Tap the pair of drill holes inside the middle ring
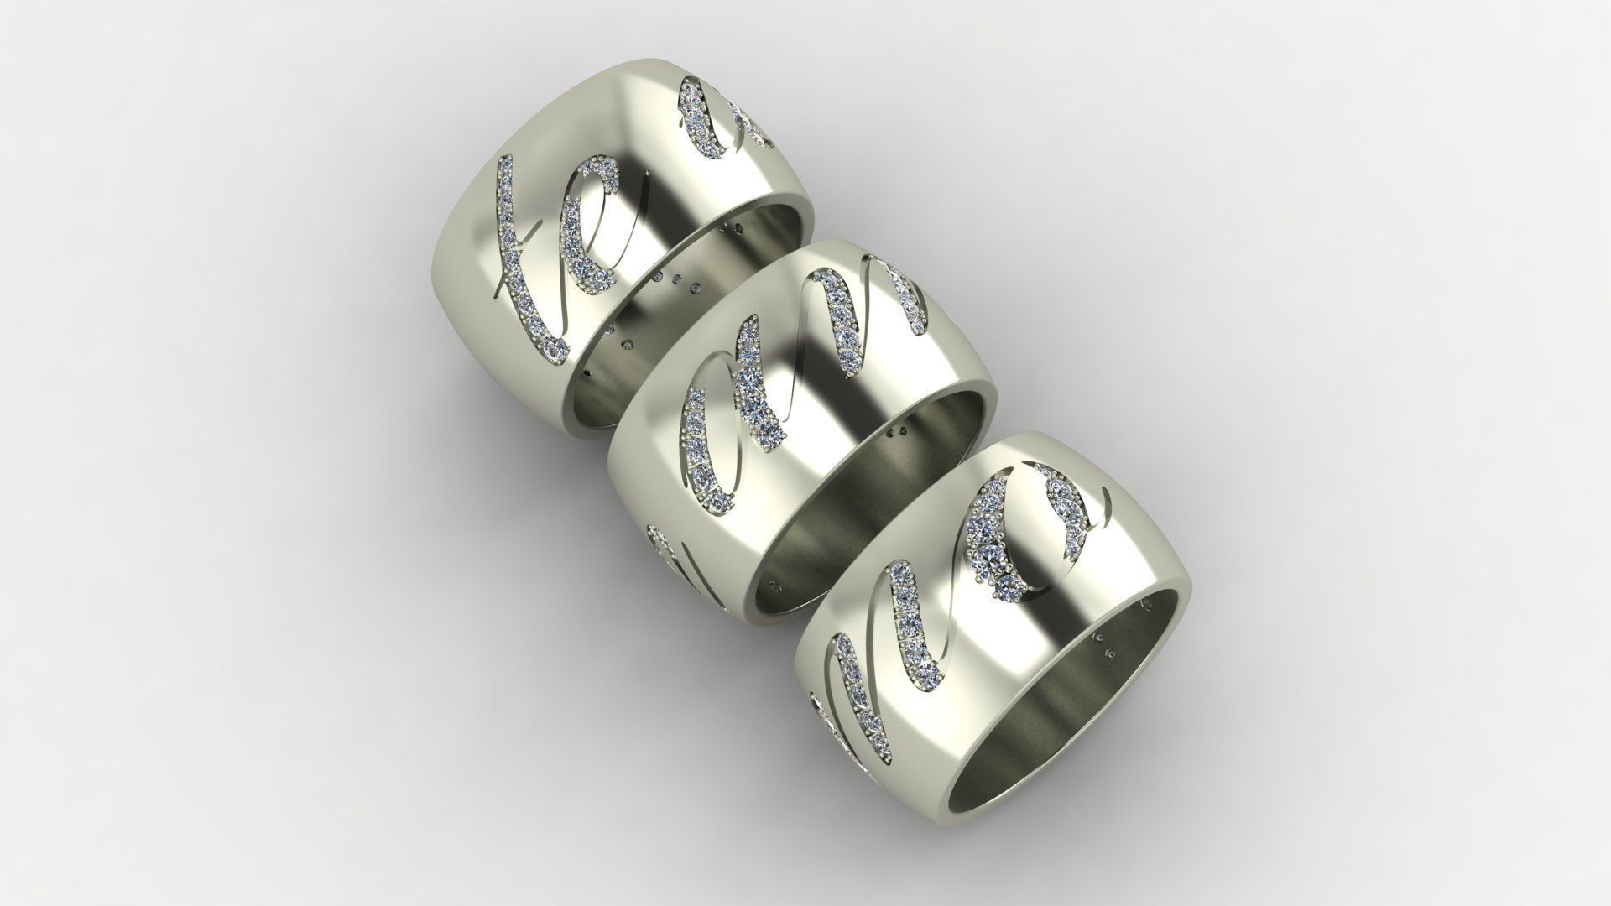point(896,433)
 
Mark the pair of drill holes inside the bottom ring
point(1107,647)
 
